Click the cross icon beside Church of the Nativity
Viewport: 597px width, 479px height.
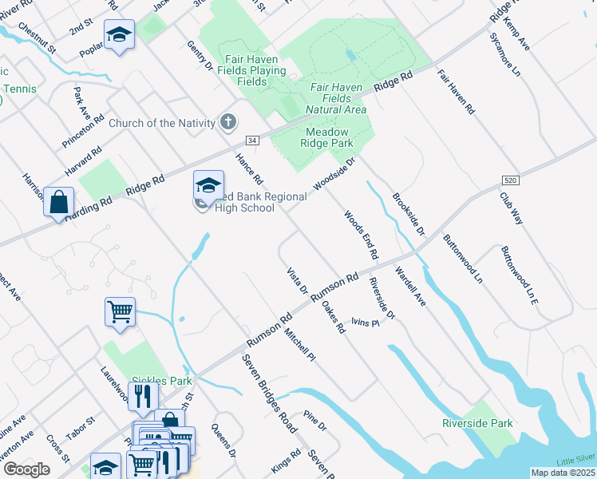coord(228,122)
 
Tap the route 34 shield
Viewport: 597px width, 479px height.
coord(251,141)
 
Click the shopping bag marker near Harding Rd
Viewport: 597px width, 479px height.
coord(59,201)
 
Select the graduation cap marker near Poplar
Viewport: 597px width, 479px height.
coord(119,34)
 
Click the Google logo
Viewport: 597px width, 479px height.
coord(27,469)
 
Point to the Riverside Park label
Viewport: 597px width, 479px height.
coord(478,423)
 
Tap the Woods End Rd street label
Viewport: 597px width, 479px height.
coord(361,235)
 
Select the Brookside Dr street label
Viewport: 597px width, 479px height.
coord(408,212)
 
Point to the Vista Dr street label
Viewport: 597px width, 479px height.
coord(297,281)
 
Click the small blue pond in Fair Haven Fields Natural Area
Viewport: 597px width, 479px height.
coord(350,56)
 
